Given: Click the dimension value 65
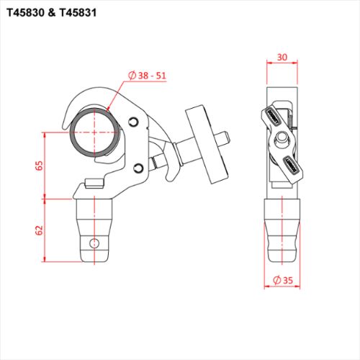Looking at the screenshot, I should (39, 165).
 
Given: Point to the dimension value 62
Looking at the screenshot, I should (39, 230).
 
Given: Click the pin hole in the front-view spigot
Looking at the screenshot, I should (93, 242).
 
